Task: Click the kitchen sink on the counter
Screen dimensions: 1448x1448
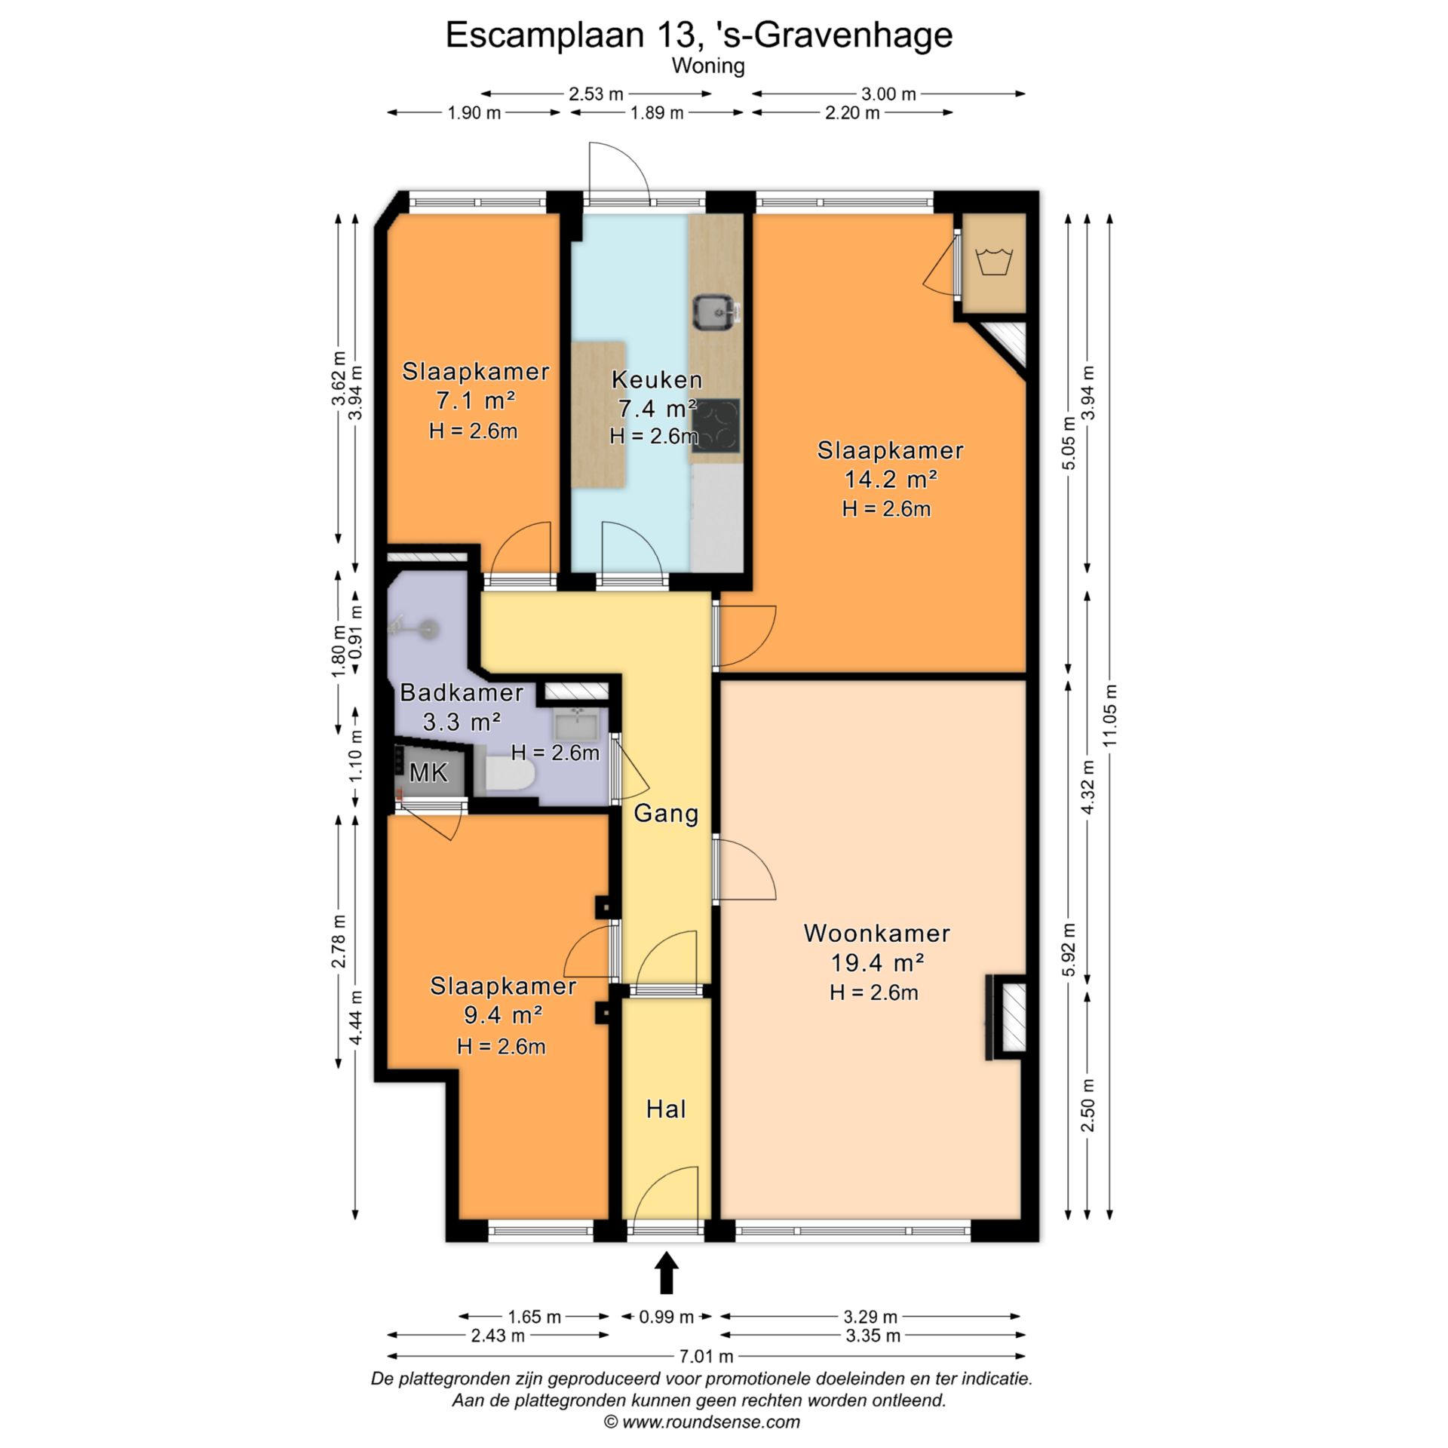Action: pyautogui.click(x=716, y=312)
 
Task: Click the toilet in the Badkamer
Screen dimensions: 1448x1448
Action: pyautogui.click(x=509, y=774)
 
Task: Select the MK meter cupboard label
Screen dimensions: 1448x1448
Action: pyautogui.click(x=428, y=772)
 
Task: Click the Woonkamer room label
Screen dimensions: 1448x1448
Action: pyautogui.click(x=876, y=934)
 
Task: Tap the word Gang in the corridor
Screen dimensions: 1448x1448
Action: pyautogui.click(x=666, y=814)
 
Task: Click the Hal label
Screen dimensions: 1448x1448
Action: pyautogui.click(x=666, y=1109)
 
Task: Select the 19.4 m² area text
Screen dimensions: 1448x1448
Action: pyautogui.click(x=878, y=963)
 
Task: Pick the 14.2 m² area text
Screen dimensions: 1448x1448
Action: pyautogui.click(x=891, y=479)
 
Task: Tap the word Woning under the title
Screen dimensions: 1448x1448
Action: pyautogui.click(x=708, y=66)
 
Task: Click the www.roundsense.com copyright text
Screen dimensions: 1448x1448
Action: pyautogui.click(x=701, y=1422)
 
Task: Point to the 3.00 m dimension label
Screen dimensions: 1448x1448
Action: pyautogui.click(x=888, y=94)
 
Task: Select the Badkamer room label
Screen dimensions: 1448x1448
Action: pyautogui.click(x=462, y=692)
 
